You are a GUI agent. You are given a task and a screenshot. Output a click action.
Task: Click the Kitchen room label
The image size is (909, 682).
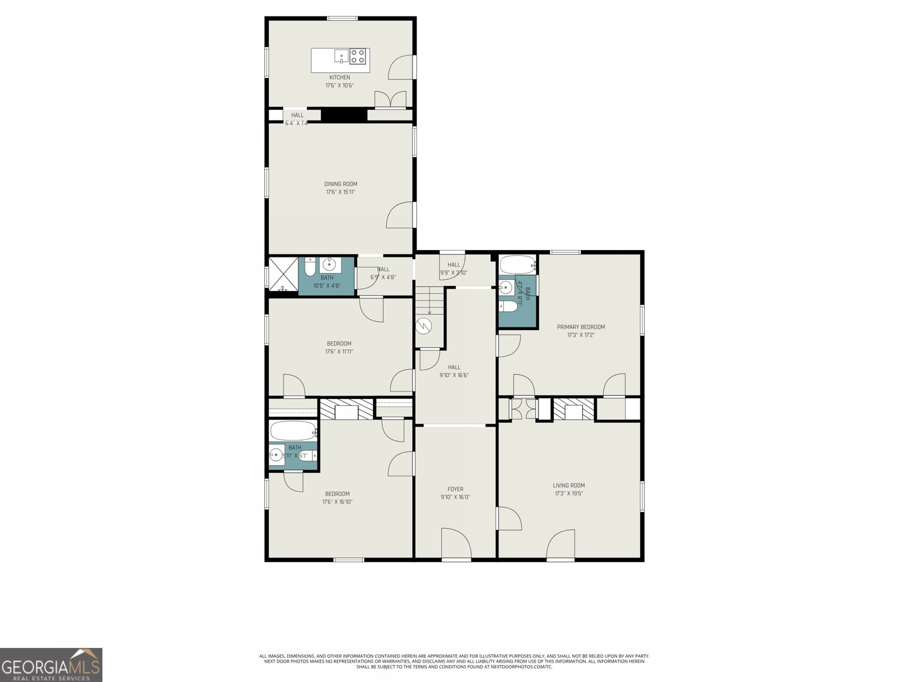point(340,77)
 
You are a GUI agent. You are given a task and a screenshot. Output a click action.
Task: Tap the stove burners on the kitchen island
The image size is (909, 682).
point(358,56)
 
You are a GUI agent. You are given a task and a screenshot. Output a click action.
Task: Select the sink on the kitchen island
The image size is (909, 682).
point(341,55)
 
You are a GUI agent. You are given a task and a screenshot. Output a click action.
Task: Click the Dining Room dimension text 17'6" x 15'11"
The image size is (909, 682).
point(341,192)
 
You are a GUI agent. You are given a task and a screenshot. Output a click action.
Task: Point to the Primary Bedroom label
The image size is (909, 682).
point(581,327)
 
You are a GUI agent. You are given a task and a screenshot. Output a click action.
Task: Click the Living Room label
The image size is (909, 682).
point(569,485)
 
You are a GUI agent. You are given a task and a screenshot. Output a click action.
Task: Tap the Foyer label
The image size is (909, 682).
point(455,489)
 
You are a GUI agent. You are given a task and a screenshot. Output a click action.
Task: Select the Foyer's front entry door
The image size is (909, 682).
point(456,544)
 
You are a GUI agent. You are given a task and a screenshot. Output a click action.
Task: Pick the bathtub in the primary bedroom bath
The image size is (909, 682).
point(517,264)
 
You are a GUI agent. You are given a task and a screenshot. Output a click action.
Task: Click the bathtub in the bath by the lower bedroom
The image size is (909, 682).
point(292,431)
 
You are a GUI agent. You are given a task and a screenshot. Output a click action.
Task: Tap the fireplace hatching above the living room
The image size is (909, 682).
point(573,409)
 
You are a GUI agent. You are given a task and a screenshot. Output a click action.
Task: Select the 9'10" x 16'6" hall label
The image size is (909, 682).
point(454,371)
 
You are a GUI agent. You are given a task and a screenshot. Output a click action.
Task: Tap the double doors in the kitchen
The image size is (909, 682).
point(390,99)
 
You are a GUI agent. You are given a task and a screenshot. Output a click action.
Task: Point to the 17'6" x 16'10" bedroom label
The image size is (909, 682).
point(337,498)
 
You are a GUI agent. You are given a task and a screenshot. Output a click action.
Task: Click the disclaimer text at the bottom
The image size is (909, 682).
point(454,661)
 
